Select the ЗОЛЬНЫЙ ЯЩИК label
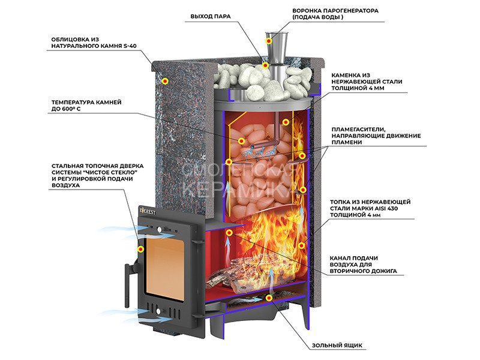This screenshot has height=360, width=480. pos(337,346)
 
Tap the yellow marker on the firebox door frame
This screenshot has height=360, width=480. pos(140,249)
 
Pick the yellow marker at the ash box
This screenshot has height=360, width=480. pos(269,298)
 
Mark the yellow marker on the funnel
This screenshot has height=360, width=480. pos(268,41)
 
